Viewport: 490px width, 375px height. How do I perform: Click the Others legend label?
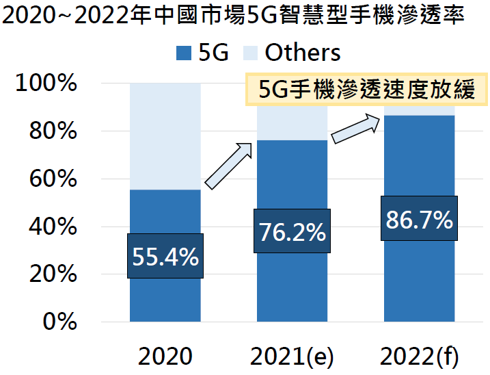302,52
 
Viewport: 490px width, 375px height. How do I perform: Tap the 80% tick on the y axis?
51,131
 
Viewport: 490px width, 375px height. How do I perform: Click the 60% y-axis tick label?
51,179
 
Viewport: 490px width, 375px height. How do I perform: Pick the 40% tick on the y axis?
51,227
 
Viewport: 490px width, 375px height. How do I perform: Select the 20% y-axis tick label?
51,274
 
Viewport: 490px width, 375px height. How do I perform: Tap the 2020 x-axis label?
165,357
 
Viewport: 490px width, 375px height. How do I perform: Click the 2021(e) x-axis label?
292,357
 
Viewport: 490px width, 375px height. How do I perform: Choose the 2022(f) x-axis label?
420,357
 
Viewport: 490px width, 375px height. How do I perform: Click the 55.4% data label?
165,256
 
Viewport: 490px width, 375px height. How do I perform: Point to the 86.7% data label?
420,219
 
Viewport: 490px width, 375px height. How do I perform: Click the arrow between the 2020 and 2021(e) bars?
229,165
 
